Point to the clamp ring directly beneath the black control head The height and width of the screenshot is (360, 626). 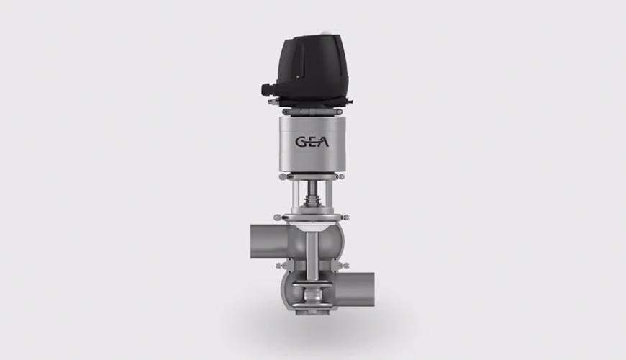pos(314,111)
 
